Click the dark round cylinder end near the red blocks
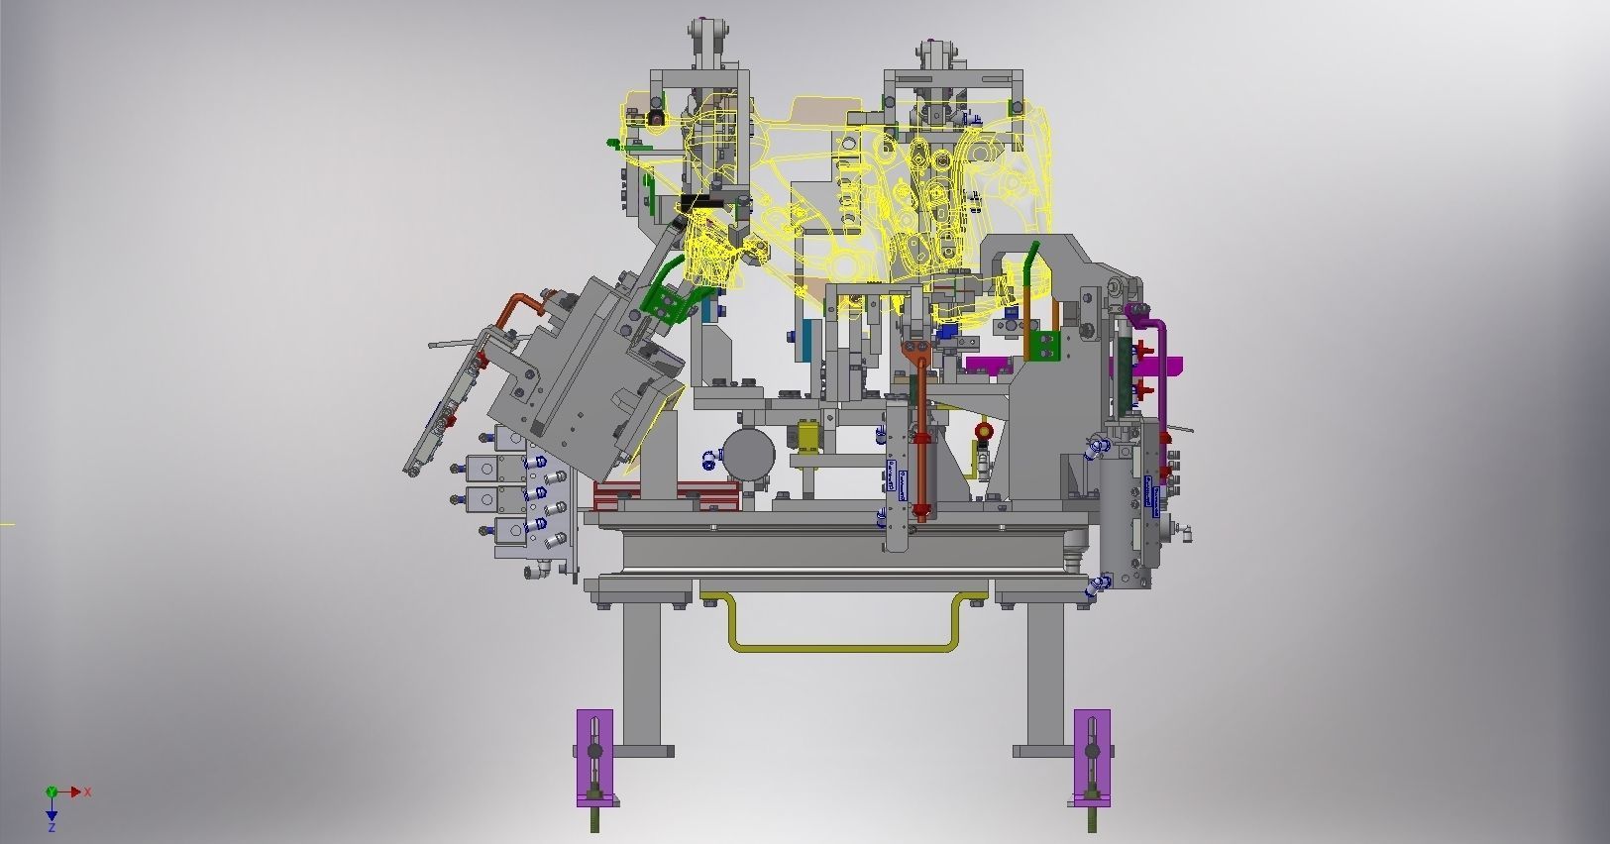(x=749, y=456)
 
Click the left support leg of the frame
(x=642, y=674)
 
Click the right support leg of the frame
(x=1045, y=674)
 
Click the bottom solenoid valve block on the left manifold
(x=511, y=531)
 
